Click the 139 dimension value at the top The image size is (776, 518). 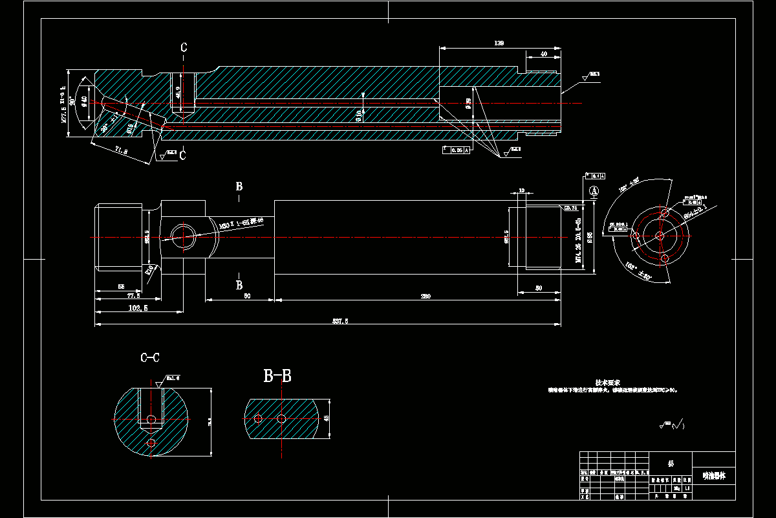[499, 43]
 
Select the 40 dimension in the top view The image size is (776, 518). [543, 54]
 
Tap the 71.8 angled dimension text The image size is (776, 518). [120, 151]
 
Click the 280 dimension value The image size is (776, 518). [426, 296]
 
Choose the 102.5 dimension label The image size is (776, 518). [138, 308]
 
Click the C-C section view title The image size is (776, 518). [150, 357]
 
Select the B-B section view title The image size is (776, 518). [277, 375]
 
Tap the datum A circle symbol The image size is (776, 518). [594, 191]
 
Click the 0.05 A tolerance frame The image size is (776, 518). [456, 150]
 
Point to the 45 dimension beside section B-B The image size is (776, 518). [326, 418]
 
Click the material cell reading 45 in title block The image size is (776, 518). [671, 464]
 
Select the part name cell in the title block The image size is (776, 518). [714, 476]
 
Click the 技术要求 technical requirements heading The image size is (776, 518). [608, 383]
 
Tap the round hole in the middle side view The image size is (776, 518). [183, 236]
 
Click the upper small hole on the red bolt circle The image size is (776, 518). [664, 212]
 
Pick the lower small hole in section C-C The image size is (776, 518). [151, 443]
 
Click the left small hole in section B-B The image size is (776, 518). [258, 419]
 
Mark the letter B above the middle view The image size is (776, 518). [239, 186]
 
